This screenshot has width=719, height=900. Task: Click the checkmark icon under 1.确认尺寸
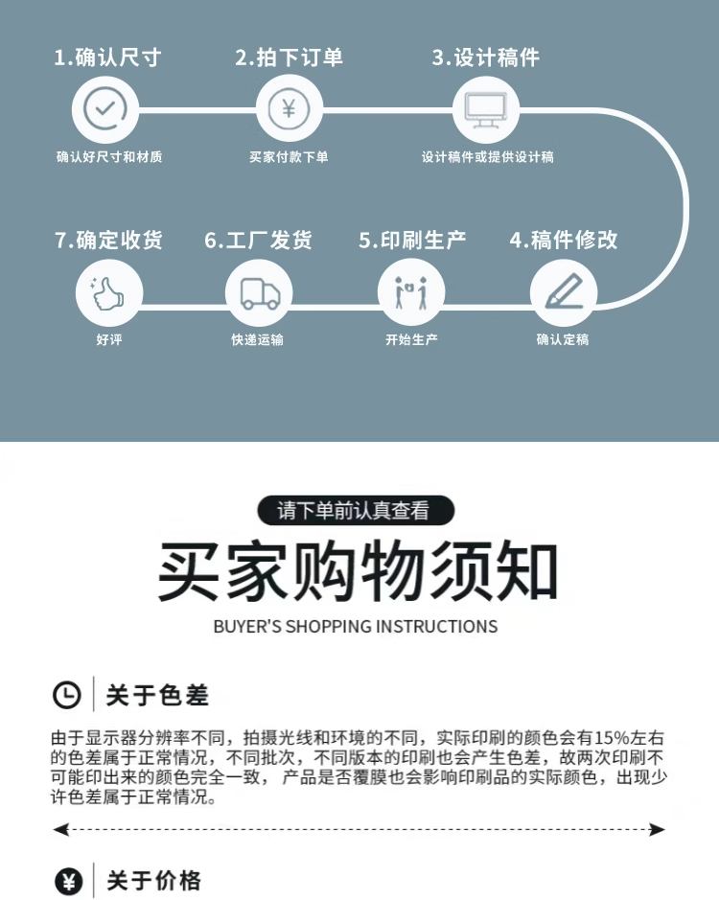click(105, 107)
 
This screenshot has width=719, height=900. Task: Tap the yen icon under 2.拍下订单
click(289, 107)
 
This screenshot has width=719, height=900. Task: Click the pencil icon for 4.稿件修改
click(564, 291)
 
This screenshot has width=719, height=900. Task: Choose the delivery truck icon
click(259, 291)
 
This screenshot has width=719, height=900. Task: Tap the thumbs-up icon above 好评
click(108, 291)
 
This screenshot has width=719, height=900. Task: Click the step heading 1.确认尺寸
click(106, 58)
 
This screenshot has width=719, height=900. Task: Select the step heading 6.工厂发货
click(258, 240)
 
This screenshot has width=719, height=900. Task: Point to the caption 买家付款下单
click(289, 157)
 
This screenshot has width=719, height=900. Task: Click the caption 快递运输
click(258, 340)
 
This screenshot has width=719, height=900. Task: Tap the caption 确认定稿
click(563, 340)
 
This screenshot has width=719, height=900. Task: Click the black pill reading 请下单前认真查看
click(355, 511)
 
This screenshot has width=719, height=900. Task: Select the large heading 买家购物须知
click(359, 573)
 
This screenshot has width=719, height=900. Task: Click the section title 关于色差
click(157, 694)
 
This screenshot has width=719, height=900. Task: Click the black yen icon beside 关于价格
click(68, 881)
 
